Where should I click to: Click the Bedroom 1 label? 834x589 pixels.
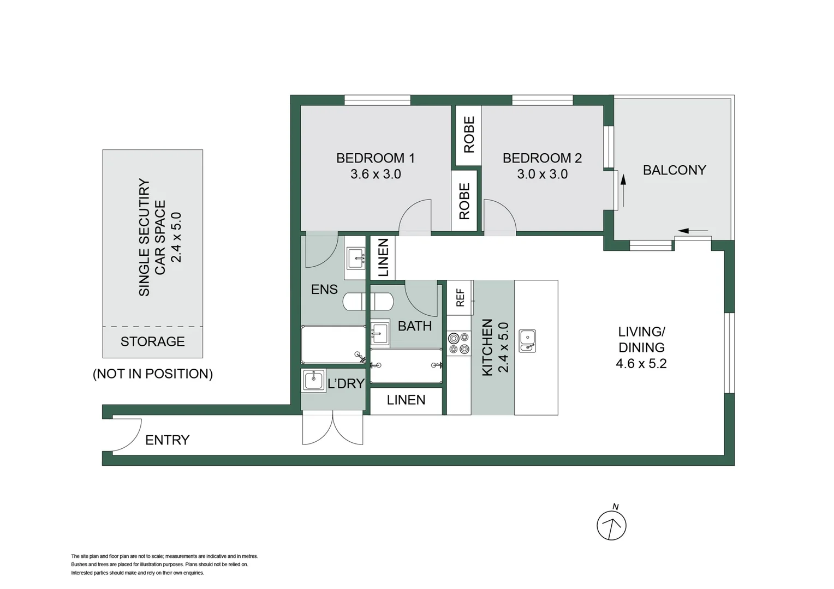(x=375, y=158)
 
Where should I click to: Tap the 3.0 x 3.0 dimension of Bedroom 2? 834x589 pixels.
(x=542, y=175)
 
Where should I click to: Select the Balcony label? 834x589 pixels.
(x=674, y=170)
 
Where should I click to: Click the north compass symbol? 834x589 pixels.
(x=611, y=525)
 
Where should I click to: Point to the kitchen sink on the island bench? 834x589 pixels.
(x=527, y=341)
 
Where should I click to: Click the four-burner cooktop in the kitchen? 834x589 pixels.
(x=458, y=344)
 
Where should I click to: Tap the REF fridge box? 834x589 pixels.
(x=460, y=298)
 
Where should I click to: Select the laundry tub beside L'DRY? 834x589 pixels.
(x=314, y=381)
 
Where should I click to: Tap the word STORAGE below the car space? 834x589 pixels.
(x=152, y=342)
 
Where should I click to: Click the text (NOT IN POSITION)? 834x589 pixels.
(x=152, y=374)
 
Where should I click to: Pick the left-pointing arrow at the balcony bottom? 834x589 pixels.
(x=693, y=231)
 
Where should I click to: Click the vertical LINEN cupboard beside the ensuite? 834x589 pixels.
(x=383, y=257)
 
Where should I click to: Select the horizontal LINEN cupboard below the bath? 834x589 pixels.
(x=406, y=400)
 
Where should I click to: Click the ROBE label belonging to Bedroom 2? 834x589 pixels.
(x=468, y=135)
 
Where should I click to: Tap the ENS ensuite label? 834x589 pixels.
(x=324, y=290)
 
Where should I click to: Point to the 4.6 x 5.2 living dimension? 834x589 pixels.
(x=641, y=364)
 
